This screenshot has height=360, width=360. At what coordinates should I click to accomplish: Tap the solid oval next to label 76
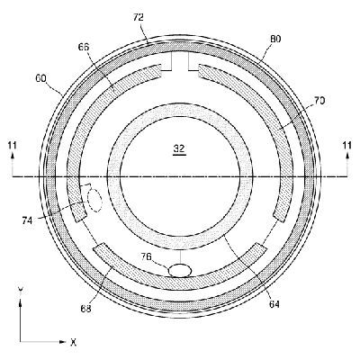[x=180, y=268]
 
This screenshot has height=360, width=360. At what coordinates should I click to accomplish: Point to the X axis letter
[x=73, y=342]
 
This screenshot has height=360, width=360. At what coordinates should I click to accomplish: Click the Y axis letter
[x=20, y=290]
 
